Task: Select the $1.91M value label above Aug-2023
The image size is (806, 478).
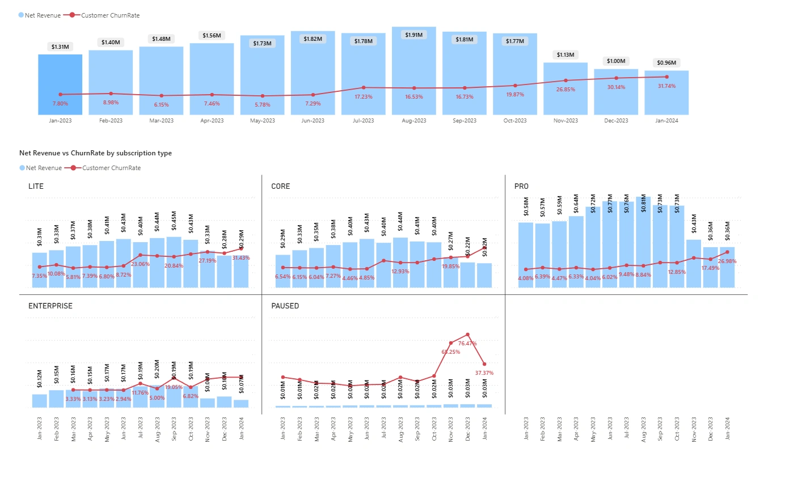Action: (x=413, y=35)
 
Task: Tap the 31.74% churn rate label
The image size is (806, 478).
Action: (x=666, y=86)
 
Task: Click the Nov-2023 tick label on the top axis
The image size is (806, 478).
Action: (x=566, y=121)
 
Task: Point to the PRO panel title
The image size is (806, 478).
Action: (x=521, y=187)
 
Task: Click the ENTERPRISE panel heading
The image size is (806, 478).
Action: (x=50, y=306)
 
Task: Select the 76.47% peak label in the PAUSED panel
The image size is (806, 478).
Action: (x=467, y=344)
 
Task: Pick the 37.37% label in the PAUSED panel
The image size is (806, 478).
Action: (x=484, y=373)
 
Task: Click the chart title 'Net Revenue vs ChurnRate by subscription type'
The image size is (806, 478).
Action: (x=95, y=153)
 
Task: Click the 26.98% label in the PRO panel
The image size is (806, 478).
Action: (x=727, y=261)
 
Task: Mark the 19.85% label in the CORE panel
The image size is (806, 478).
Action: (x=450, y=267)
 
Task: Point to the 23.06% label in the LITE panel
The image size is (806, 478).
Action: (x=140, y=264)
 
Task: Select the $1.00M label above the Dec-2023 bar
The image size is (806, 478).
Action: (x=616, y=61)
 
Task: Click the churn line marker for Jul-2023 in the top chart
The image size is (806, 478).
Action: (x=364, y=87)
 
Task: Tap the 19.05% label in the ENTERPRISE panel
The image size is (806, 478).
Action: (x=174, y=387)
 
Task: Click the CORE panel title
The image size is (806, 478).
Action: (x=280, y=187)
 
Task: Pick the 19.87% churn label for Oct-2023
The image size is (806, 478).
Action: (x=515, y=95)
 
